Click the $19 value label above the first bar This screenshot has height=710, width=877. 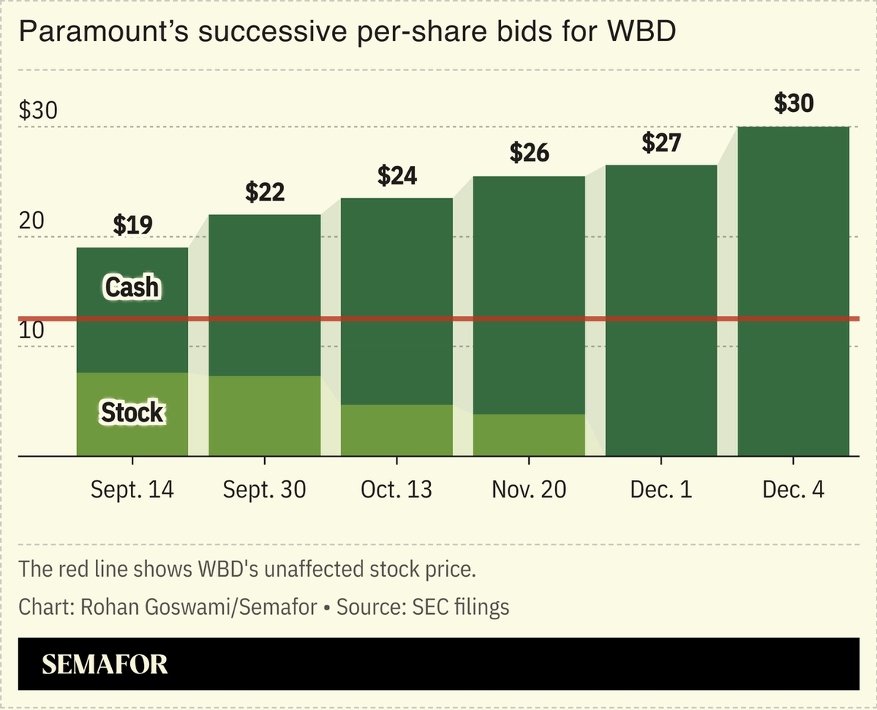point(132,225)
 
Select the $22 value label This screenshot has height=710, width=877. point(265,192)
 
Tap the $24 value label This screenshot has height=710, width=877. point(397,175)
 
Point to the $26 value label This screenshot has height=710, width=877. point(529,153)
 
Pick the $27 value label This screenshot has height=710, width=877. point(661,142)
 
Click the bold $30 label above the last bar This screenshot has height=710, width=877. point(793,103)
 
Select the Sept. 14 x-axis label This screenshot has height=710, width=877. point(132,489)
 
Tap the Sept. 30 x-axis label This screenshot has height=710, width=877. point(265,489)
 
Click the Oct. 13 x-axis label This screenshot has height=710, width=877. point(397,489)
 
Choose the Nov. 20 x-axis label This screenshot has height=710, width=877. point(529,489)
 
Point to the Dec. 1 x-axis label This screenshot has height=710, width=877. point(661,489)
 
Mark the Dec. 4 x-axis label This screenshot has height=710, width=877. point(793,489)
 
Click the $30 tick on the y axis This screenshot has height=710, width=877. point(38,111)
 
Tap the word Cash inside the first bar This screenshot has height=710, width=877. point(132,287)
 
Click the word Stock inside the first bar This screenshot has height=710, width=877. point(132,412)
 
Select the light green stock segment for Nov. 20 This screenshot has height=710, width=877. point(529,435)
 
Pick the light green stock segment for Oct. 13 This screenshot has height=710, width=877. point(397,430)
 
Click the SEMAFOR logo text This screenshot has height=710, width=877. point(104,664)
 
